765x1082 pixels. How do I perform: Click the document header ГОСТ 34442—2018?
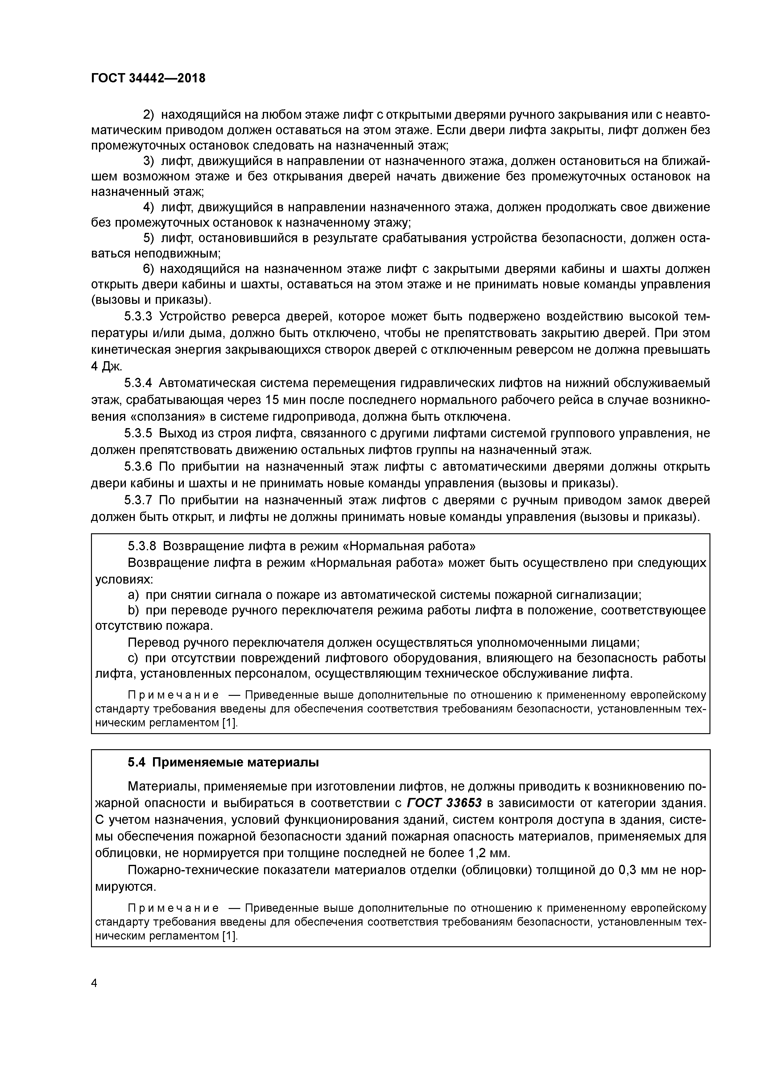coord(148,78)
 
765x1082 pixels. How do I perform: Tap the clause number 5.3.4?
coord(139,383)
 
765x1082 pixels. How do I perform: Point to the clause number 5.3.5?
coord(139,433)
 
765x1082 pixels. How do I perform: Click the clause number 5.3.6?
coord(139,467)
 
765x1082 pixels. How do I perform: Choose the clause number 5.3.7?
coord(139,500)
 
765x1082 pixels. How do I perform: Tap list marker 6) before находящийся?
coord(149,269)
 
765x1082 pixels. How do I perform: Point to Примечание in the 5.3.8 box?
coord(174,696)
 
